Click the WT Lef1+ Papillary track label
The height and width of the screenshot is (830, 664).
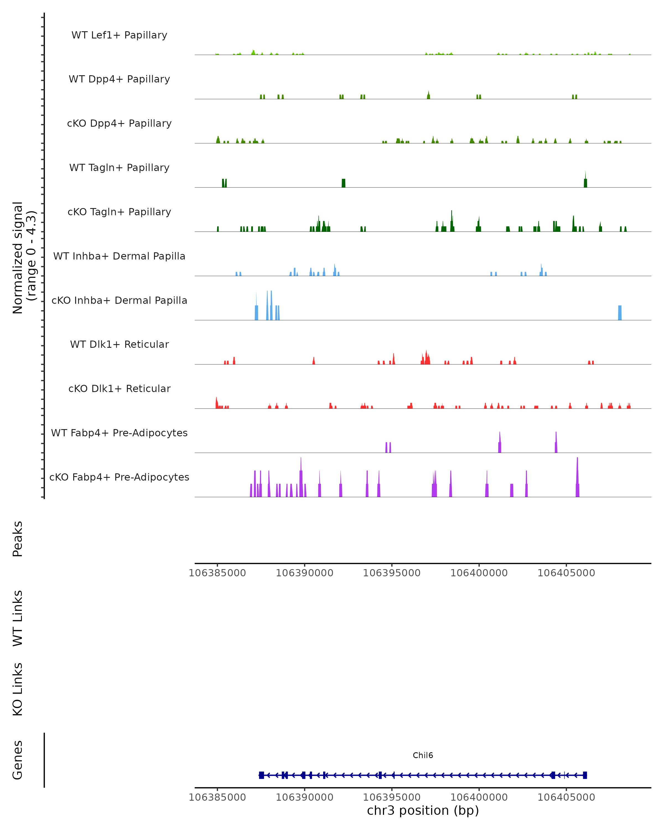coord(119,35)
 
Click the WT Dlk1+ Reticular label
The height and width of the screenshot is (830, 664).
coord(119,344)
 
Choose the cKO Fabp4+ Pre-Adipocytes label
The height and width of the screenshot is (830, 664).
coord(119,477)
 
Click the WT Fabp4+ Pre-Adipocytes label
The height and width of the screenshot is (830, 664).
coord(119,433)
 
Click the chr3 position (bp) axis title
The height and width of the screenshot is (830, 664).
coord(423,810)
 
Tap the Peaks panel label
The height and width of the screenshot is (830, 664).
coord(18,539)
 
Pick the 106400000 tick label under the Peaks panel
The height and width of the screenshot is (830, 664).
coord(479,573)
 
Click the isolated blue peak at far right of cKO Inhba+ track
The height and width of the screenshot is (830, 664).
coord(620,313)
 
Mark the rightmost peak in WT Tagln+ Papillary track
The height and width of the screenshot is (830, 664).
coord(585,183)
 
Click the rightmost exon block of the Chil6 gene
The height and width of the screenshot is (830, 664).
coord(585,775)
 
